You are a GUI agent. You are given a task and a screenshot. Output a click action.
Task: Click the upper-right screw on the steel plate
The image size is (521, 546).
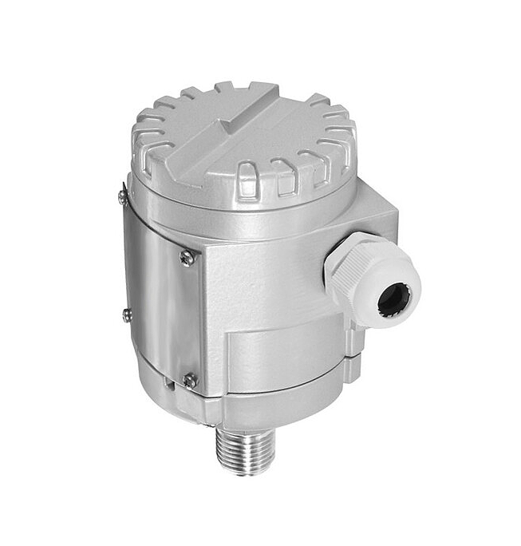[187, 257]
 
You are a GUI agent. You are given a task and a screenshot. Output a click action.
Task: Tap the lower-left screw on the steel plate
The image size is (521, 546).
[128, 315]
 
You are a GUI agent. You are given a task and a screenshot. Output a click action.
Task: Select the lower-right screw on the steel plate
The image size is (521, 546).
[190, 381]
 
